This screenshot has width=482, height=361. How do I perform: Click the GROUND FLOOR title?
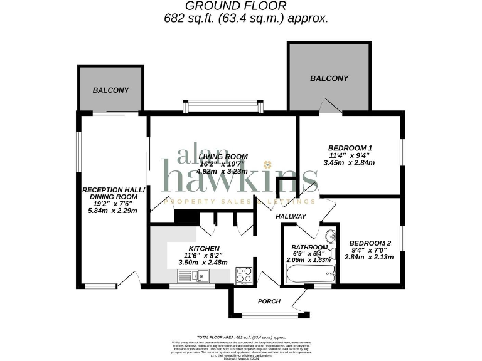pyautogui.click(x=240, y=6)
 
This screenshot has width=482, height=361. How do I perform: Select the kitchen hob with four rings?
pyautogui.click(x=244, y=274)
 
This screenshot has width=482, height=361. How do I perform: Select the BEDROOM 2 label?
pyautogui.click(x=370, y=243)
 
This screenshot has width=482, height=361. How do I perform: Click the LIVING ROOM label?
pyautogui.click(x=223, y=156)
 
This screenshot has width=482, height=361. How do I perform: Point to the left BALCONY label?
pyautogui.click(x=110, y=90)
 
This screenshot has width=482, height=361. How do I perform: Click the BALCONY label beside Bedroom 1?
pyautogui.click(x=329, y=78)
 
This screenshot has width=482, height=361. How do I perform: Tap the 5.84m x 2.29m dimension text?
pyautogui.click(x=112, y=210)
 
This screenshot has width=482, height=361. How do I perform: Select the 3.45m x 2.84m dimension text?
pyautogui.click(x=348, y=163)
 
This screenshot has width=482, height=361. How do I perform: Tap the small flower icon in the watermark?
pyautogui.click(x=267, y=165)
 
